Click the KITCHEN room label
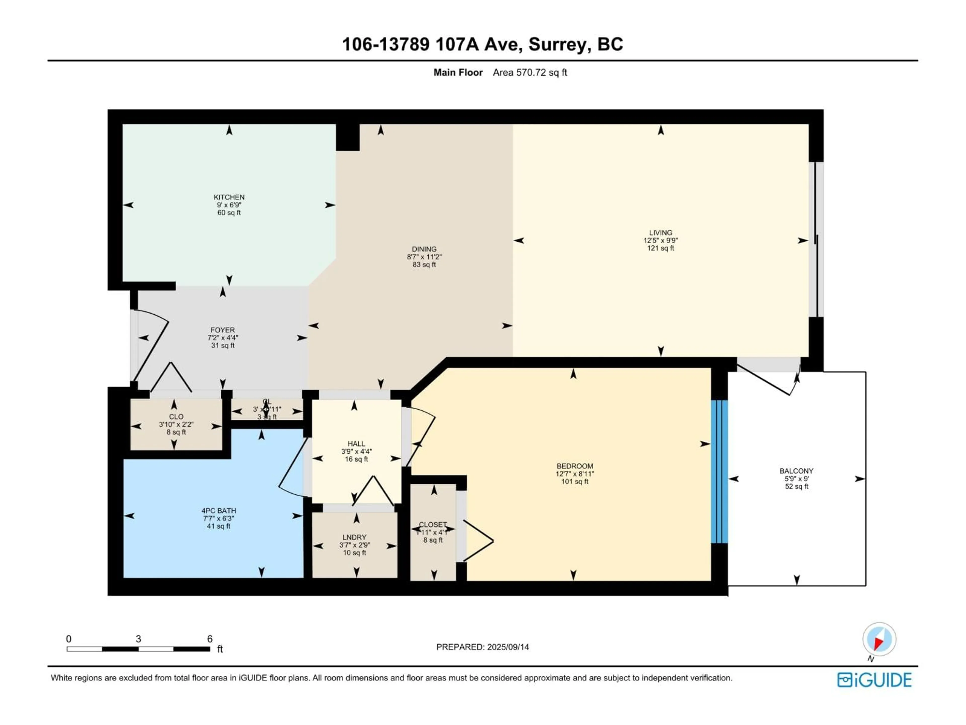click(229, 197)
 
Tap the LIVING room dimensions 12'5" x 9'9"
click(660, 240)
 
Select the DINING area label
click(424, 249)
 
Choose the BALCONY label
click(796, 471)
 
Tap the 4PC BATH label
click(218, 511)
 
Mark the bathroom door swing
click(292, 468)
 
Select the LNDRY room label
click(354, 537)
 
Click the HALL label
click(356, 444)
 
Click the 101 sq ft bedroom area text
click(575, 482)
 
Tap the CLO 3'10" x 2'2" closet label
click(176, 424)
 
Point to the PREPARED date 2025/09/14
click(482, 647)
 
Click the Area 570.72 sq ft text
click(530, 72)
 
